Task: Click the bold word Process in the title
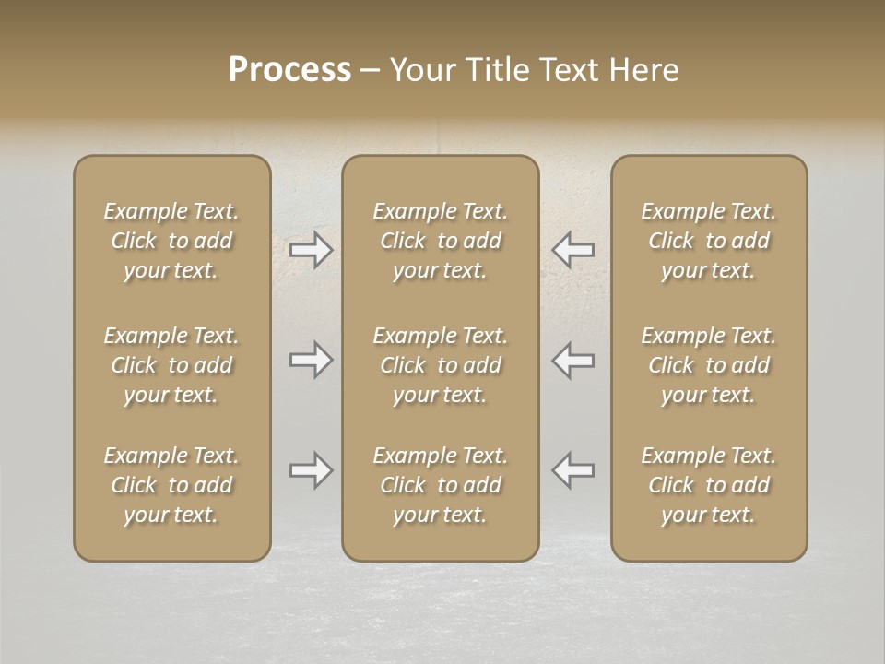[x=289, y=70]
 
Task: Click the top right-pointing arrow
[x=312, y=250]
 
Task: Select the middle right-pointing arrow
[x=312, y=360]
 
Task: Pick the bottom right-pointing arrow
[x=312, y=470]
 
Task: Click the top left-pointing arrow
[x=572, y=250]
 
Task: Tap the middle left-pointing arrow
[x=572, y=360]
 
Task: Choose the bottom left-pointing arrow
[x=572, y=470]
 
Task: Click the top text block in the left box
[x=171, y=241]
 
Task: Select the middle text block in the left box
[x=171, y=365]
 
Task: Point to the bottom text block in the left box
[x=171, y=485]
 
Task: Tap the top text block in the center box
[x=441, y=241]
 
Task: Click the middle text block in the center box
[x=441, y=365]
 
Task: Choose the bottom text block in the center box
[x=441, y=485]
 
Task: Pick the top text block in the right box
[x=709, y=241]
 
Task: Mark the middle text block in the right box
[x=709, y=365]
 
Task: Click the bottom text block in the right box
[x=709, y=485]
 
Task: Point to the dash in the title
[x=371, y=71]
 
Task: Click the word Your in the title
[x=421, y=70]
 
